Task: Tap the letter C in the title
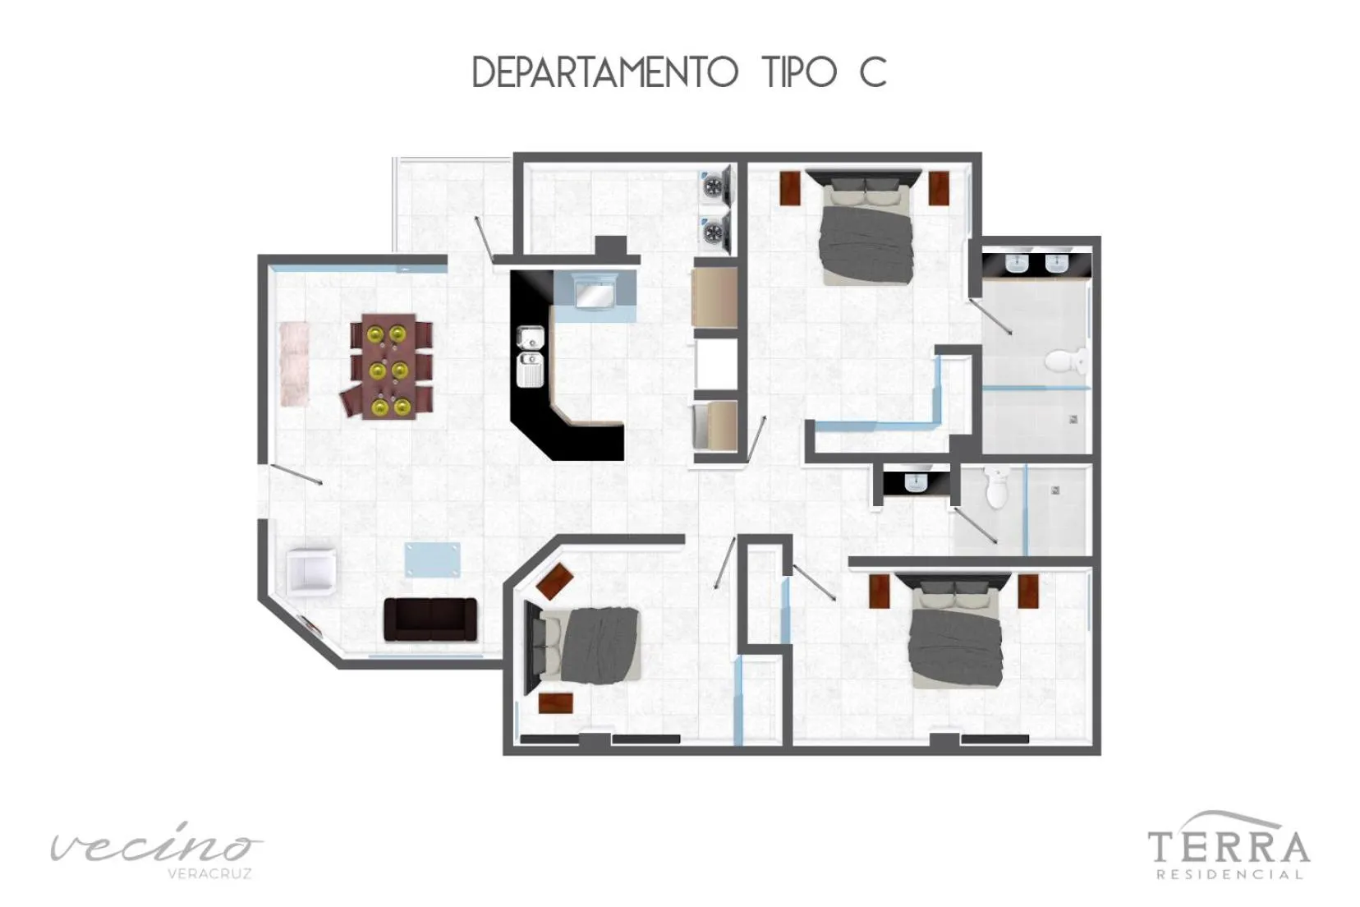pos(872,72)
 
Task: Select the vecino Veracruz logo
pos(156,850)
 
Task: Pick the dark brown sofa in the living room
pos(430,619)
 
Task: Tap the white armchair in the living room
pos(311,569)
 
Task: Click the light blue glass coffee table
pos(432,559)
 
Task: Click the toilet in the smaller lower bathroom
pos(995,488)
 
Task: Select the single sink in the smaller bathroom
pos(915,482)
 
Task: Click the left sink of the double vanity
pos(1017,264)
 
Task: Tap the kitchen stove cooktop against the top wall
pos(595,292)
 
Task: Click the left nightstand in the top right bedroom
pos(790,187)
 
